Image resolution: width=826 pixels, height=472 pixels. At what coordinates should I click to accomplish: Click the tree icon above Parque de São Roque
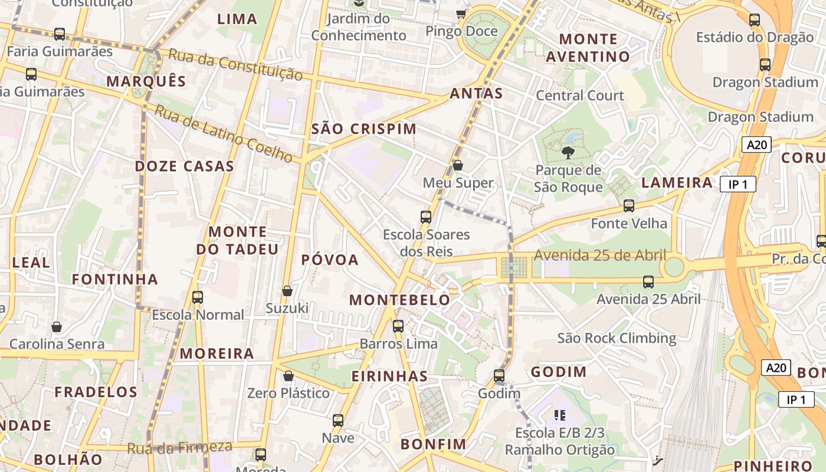(568, 153)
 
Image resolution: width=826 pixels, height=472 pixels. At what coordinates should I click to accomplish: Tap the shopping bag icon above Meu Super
(458, 165)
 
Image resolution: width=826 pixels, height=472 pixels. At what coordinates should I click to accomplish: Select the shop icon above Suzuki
(287, 291)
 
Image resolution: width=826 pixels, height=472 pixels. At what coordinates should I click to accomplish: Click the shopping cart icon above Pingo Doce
(461, 14)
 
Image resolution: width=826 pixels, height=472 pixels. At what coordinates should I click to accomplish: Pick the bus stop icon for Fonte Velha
(629, 206)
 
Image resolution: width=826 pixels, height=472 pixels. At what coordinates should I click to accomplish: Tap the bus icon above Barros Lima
(398, 326)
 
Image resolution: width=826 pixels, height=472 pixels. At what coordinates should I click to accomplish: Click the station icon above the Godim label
(499, 376)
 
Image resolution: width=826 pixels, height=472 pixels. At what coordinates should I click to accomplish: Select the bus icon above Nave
(338, 421)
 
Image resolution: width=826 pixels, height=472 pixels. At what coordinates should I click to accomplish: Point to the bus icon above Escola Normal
(198, 297)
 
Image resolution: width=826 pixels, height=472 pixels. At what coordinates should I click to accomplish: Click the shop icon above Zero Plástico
(289, 376)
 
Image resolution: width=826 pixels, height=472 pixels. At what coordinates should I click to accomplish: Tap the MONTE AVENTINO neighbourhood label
(588, 48)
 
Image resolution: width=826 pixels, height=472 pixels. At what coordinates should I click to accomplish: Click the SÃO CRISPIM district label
(363, 129)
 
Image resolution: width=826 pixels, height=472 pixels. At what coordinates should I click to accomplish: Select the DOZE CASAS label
(184, 166)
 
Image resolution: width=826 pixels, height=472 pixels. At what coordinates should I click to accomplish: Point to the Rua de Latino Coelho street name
(224, 133)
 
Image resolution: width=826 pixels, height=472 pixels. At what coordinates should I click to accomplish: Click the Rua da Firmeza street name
(180, 448)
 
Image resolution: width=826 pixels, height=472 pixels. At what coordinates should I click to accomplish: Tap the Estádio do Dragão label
(755, 38)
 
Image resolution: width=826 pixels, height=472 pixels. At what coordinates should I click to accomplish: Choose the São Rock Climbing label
(617, 338)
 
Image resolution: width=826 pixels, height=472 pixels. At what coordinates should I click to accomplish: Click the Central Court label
(579, 96)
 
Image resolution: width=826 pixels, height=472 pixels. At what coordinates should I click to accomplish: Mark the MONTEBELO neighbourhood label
(399, 300)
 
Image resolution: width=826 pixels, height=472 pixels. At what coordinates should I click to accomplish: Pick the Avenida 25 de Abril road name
(600, 255)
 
